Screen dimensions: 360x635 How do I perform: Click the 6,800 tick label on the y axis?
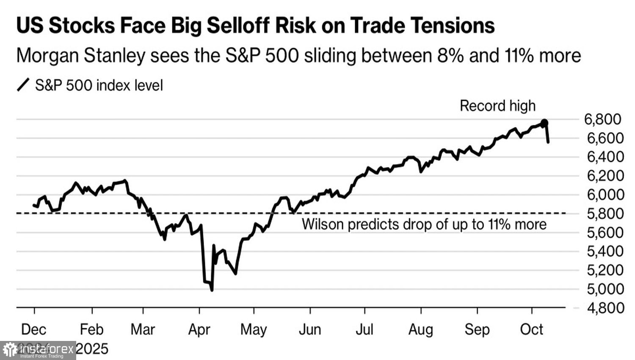[x=602, y=119]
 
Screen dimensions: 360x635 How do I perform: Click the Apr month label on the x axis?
[x=199, y=330]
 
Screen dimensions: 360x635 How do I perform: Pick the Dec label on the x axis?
[x=34, y=330]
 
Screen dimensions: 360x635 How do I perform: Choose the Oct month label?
[x=531, y=330]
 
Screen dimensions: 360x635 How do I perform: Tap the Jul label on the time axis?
[x=364, y=330]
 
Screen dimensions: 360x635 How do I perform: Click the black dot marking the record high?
[x=545, y=123]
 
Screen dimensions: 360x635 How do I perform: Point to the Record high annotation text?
[x=497, y=106]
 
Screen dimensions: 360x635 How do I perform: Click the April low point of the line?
[x=212, y=290]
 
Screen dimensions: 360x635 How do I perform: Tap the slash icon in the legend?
[x=23, y=85]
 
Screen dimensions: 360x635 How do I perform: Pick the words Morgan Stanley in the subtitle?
[x=80, y=56]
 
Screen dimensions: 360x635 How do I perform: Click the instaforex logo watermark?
[x=38, y=350]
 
